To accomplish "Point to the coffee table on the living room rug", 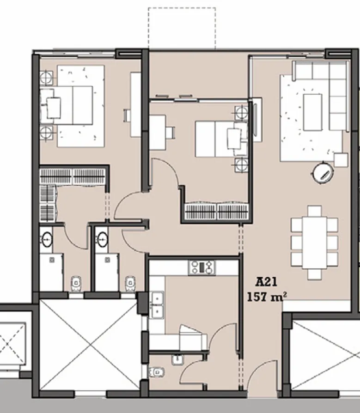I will pyautogui.click(x=312, y=112).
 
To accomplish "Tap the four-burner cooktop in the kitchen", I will pyautogui.click(x=202, y=267).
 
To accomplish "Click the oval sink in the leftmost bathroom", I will pyautogui.click(x=47, y=239).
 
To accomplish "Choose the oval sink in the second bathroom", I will pyautogui.click(x=103, y=239).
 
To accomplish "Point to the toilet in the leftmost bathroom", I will pyautogui.click(x=75, y=283).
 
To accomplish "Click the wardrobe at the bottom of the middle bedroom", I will pyautogui.click(x=217, y=212).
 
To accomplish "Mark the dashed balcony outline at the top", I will pyautogui.click(x=182, y=27).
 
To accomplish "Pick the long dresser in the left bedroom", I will pyautogui.click(x=135, y=104).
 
